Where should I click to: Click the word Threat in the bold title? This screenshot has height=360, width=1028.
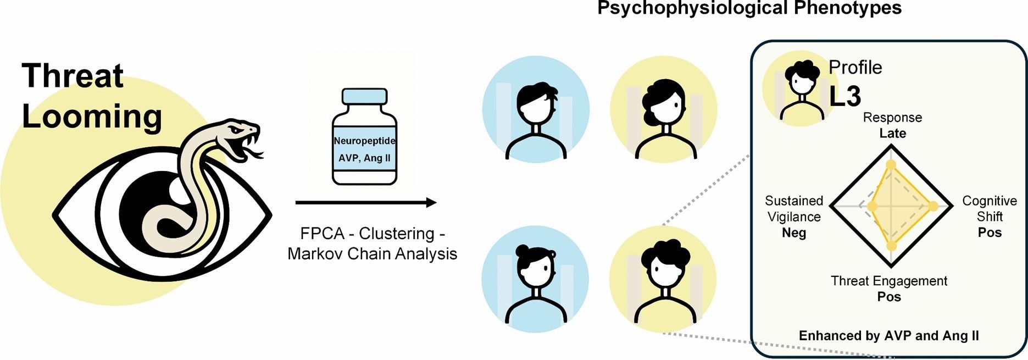pos(73,76)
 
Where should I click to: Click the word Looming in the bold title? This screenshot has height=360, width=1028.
pos(92,116)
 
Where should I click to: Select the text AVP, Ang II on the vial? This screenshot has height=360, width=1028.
pos(364,158)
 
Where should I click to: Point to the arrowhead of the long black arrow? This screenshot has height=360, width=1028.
pos(431,203)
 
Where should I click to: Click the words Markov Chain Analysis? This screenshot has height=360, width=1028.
pos(372,254)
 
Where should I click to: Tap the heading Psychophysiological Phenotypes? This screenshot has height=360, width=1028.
pos(749,8)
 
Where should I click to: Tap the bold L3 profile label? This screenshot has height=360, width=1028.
pos(845,96)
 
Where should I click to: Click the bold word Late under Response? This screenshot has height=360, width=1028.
pos(892,134)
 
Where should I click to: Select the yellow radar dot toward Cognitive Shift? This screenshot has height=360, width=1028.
pos(933,206)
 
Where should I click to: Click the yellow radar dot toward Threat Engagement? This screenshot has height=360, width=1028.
pos(892,246)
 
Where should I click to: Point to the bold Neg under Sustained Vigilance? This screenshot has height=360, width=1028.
pos(794,233)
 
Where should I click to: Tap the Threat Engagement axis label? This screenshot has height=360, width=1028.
pos(889,281)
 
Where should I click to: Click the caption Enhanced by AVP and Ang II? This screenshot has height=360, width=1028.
pos(888,336)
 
